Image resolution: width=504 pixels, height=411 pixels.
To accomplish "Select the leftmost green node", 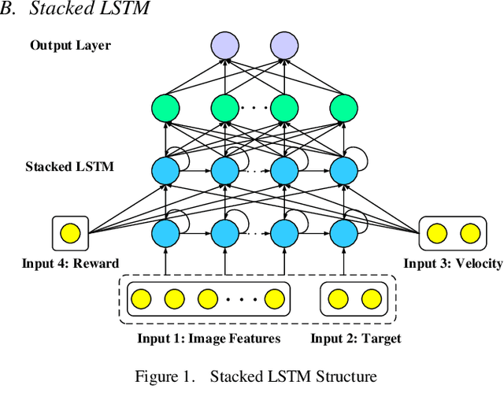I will (x=165, y=108).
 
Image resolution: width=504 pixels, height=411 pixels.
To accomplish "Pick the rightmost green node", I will (x=343, y=108).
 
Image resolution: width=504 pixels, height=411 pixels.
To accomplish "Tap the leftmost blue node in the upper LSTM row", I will (x=165, y=170).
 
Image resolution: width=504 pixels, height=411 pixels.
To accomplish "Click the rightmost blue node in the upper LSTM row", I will (x=343, y=170).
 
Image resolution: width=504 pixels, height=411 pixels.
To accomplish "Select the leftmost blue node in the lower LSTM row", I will (x=165, y=232).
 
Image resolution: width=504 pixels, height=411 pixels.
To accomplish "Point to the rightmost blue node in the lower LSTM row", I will (x=343, y=232).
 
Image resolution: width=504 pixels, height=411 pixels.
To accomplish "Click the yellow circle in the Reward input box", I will (x=71, y=232).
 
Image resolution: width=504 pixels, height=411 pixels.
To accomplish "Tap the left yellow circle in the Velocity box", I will (x=437, y=232).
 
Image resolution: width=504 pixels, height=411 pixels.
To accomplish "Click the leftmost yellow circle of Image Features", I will (x=142, y=299).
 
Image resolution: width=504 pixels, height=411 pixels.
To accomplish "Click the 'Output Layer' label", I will (x=70, y=45).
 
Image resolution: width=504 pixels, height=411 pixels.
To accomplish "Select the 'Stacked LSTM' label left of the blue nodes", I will (x=69, y=166).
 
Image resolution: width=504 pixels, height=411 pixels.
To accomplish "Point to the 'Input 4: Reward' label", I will (x=70, y=263).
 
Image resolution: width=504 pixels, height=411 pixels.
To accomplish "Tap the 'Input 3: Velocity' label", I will (x=453, y=263).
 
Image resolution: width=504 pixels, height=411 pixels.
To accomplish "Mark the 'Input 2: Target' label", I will (x=355, y=339).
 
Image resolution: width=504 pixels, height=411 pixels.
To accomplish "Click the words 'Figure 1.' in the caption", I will (x=165, y=376).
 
